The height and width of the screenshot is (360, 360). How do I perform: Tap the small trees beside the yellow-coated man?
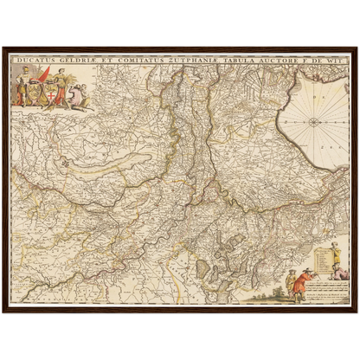275,260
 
